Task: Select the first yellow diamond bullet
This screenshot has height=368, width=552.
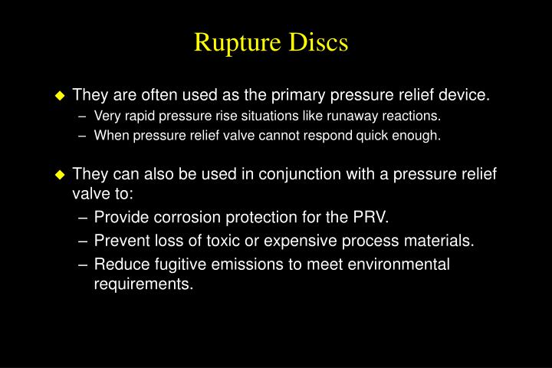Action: coord(61,96)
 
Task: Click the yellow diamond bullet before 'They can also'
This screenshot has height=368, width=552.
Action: coord(61,175)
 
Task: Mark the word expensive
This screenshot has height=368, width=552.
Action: coord(305,241)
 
